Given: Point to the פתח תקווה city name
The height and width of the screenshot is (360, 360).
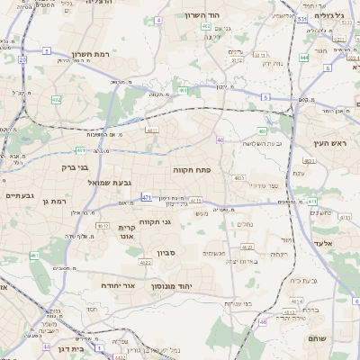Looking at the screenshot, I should tap(192, 169).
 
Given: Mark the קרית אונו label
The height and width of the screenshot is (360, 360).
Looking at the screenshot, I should tap(126, 232).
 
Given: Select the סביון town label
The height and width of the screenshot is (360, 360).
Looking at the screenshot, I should tap(166, 253).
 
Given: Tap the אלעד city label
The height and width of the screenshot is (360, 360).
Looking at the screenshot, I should tap(321, 244).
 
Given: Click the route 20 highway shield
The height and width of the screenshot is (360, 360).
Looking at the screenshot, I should tap(22, 58).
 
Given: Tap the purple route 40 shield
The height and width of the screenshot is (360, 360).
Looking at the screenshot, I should tap(220, 139).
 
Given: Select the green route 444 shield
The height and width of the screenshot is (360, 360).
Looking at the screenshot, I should tap(303, 58).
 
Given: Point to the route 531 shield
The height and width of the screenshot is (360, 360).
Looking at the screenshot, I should tap(302, 18).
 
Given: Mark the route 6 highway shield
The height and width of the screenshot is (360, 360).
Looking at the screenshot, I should tap(328, 67).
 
